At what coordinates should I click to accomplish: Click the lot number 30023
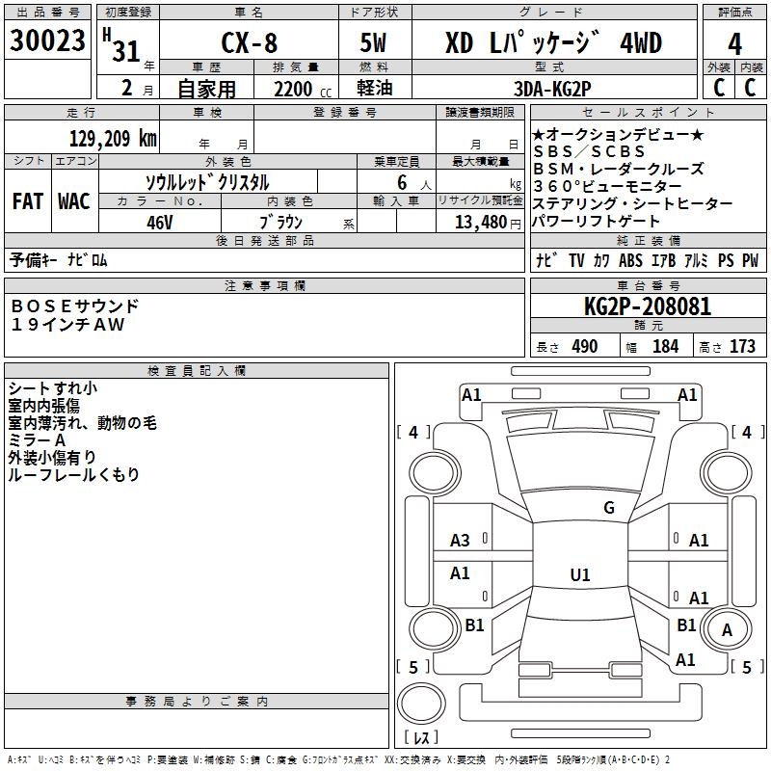[47, 40]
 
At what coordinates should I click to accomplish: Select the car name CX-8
[250, 42]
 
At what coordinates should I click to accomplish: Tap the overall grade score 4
[734, 44]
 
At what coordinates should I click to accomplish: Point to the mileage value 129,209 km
[113, 139]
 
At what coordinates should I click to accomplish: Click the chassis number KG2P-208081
[648, 306]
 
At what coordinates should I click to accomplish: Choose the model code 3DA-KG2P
[552, 89]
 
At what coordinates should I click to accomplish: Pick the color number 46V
[160, 223]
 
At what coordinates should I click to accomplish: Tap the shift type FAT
[28, 201]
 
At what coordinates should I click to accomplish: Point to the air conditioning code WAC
[74, 201]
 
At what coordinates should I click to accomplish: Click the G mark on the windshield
[609, 508]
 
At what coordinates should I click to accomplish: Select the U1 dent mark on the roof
[580, 574]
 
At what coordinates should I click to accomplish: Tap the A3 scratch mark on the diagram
[460, 541]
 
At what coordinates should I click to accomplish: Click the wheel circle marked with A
[727, 629]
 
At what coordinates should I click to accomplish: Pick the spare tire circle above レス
[421, 704]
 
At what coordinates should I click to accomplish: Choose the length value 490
[585, 346]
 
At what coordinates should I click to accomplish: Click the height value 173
[742, 346]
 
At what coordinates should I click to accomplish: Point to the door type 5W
[373, 42]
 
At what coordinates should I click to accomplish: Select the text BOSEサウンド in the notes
[75, 306]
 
